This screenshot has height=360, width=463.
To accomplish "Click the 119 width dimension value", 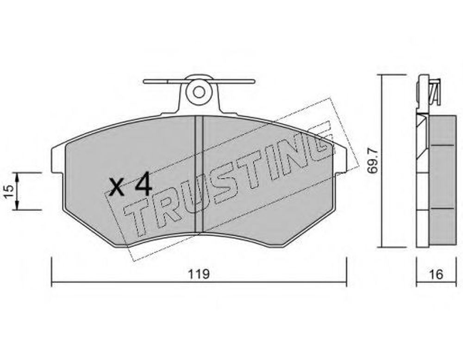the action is tap(199, 274).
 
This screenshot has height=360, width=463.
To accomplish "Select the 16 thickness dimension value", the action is tap(437, 274).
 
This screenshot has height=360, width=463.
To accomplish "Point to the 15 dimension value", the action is tap(8, 191).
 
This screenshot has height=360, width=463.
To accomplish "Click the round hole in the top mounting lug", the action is tap(199, 93).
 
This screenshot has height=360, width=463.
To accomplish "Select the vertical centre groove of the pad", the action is tap(199, 174).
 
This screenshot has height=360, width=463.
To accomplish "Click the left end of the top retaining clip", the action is tap(144, 81).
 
